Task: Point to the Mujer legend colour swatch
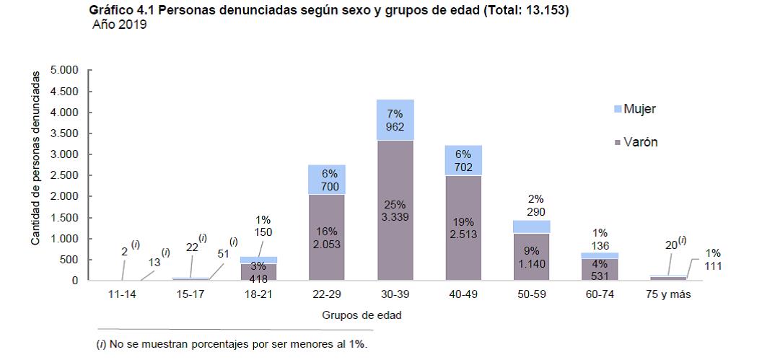[x=617, y=110]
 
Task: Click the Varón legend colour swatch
[x=617, y=143]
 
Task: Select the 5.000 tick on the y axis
[x=64, y=71]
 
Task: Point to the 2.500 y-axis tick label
[x=64, y=176]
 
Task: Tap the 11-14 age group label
[x=121, y=294]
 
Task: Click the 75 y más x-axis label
[x=668, y=294]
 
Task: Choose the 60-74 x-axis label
[x=600, y=294]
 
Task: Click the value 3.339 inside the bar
[x=395, y=216]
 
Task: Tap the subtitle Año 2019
[x=120, y=25]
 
